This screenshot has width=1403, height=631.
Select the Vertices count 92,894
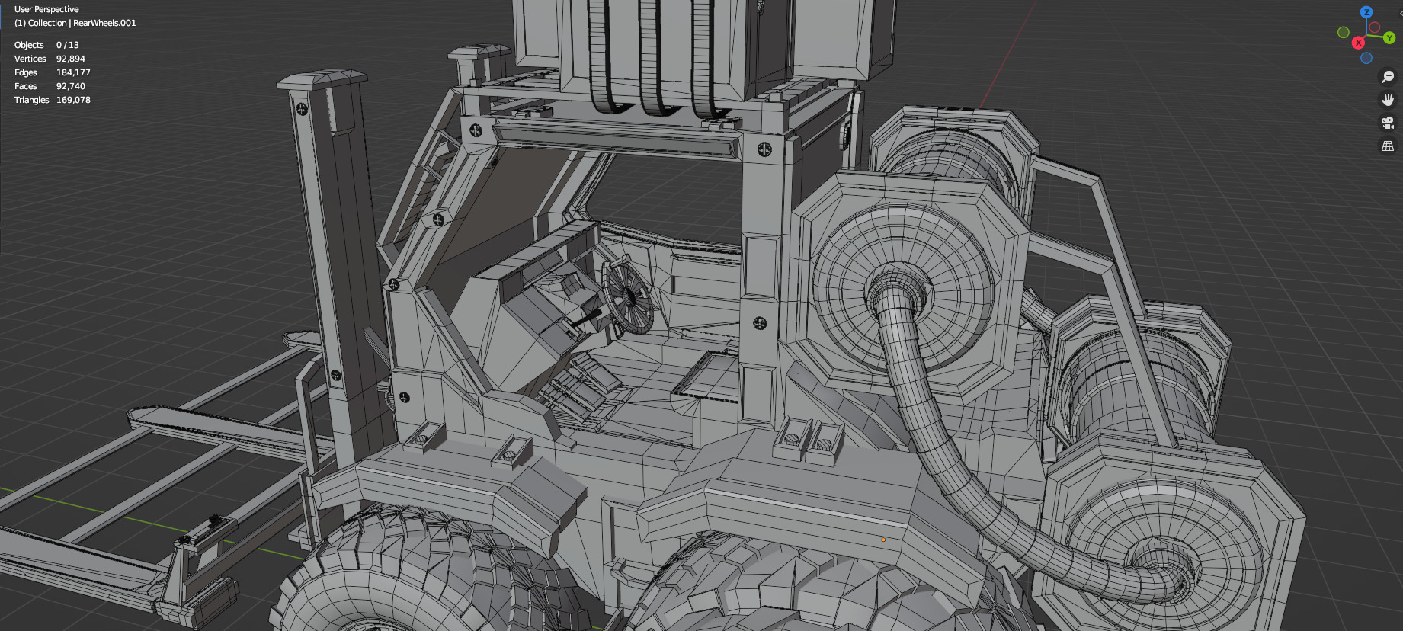click(x=70, y=59)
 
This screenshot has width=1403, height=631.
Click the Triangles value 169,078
click(x=73, y=100)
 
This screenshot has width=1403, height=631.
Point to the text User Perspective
click(x=46, y=9)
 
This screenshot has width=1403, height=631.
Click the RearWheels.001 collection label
click(x=104, y=23)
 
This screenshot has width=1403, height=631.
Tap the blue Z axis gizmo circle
click(x=1366, y=12)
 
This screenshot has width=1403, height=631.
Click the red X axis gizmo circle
click(x=1358, y=43)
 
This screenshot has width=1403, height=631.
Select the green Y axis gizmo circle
click(x=1389, y=38)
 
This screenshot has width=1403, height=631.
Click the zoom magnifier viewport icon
click(x=1388, y=77)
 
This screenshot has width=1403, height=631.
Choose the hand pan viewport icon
click(x=1388, y=100)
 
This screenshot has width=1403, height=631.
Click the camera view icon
click(x=1388, y=123)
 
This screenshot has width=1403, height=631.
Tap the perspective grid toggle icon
click(x=1388, y=146)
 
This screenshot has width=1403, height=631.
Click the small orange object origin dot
click(x=883, y=540)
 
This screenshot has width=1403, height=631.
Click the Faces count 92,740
click(x=70, y=86)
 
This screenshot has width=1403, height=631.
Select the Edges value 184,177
click(x=73, y=72)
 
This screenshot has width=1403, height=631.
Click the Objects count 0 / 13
click(x=67, y=45)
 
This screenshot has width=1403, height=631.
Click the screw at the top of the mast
click(x=302, y=110)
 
